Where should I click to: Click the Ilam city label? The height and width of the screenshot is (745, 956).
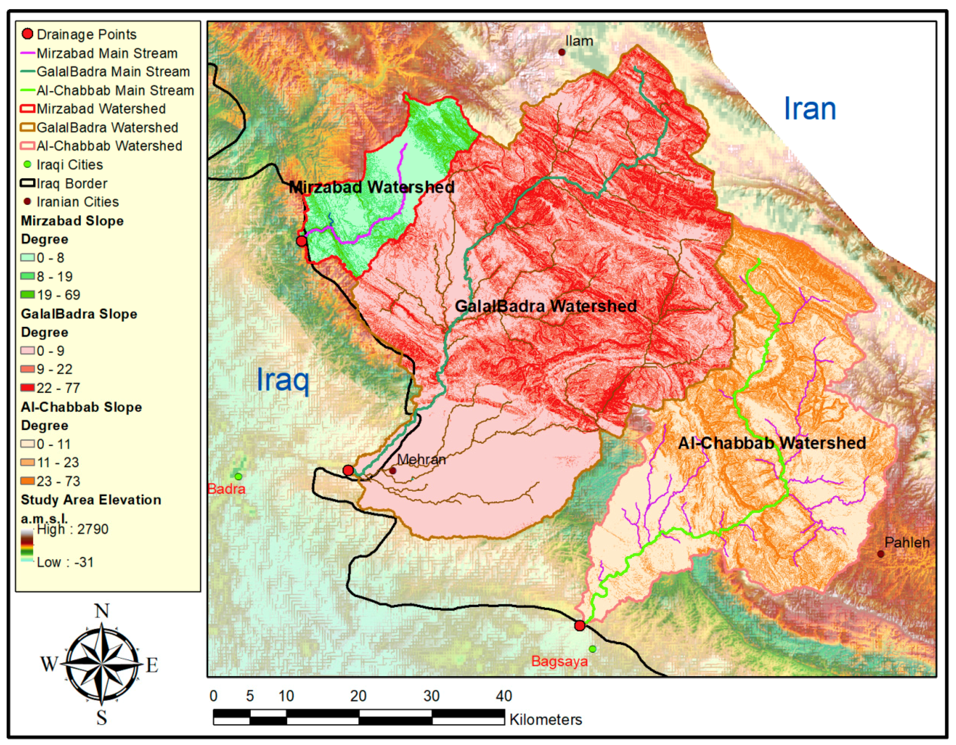pyautogui.click(x=579, y=41)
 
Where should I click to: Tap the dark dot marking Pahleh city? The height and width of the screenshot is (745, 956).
pyautogui.click(x=880, y=554)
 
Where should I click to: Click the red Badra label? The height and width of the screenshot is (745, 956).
pyautogui.click(x=226, y=489)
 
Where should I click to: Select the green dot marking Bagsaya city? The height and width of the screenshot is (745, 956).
pyautogui.click(x=592, y=649)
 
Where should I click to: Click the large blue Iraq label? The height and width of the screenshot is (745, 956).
pyautogui.click(x=282, y=380)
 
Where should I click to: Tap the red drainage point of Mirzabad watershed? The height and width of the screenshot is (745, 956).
pyautogui.click(x=301, y=241)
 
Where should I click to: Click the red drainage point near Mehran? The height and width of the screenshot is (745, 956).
pyautogui.click(x=348, y=470)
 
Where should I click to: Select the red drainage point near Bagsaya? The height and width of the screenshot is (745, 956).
pyautogui.click(x=580, y=626)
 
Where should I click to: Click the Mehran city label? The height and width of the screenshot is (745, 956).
pyautogui.click(x=421, y=459)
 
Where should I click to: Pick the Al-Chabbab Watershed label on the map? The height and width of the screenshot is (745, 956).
pyautogui.click(x=772, y=443)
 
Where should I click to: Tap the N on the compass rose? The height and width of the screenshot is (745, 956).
pyautogui.click(x=102, y=610)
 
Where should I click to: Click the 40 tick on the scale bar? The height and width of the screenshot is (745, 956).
pyautogui.click(x=504, y=696)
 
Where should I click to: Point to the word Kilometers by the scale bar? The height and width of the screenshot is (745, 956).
pyautogui.click(x=545, y=719)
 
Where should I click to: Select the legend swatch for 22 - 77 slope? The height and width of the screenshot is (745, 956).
pyautogui.click(x=27, y=388)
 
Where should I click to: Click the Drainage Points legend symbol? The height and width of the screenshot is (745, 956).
pyautogui.click(x=27, y=34)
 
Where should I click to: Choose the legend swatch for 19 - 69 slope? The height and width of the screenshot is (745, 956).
pyautogui.click(x=27, y=295)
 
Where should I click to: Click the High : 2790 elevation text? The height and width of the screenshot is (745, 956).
pyautogui.click(x=73, y=529)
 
